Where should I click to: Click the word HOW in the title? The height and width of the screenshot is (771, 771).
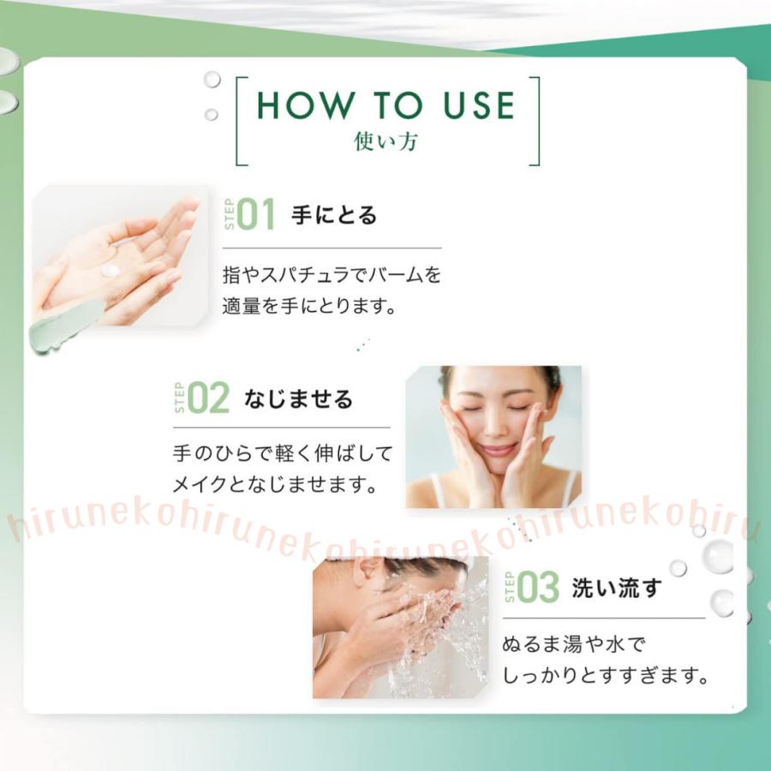click(x=304, y=105)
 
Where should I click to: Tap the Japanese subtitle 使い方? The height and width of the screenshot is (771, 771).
click(x=386, y=141)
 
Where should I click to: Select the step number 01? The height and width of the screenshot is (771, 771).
click(x=256, y=215)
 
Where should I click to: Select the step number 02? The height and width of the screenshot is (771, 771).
click(x=209, y=399)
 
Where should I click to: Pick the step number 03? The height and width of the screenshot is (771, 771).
click(x=538, y=588)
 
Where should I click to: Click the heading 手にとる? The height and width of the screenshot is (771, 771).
click(x=334, y=215)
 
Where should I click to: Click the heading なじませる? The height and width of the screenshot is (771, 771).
click(x=298, y=399)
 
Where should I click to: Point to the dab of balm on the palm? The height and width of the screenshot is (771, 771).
click(x=110, y=271)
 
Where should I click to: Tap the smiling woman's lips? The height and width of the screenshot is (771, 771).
click(x=496, y=448)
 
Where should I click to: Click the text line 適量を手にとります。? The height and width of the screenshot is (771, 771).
click(x=310, y=306)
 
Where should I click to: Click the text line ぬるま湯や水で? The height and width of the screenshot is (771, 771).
click(x=571, y=644)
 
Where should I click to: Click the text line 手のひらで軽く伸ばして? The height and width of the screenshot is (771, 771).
click(x=282, y=453)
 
